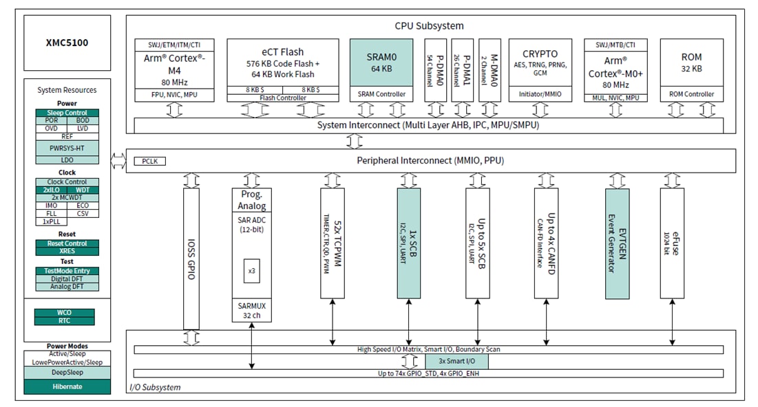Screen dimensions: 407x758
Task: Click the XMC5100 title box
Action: pos(67,43)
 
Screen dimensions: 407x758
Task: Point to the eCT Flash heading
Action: pos(282,52)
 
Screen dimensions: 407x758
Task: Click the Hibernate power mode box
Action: pos(67,386)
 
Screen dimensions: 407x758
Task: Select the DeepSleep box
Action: pos(67,372)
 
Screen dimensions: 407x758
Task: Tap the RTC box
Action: pos(64,320)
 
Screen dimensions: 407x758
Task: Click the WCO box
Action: pos(64,313)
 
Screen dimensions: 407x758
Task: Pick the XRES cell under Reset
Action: pos(67,252)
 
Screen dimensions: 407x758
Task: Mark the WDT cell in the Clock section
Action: pos(83,190)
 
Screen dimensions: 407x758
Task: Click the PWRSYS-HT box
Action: pos(67,147)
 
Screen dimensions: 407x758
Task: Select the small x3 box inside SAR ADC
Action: pos(251,270)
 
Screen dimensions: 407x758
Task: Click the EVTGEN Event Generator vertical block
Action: pos(617,243)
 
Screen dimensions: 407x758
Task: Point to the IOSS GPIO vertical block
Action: pos(191,258)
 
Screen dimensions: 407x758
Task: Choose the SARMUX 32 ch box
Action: pos(251,310)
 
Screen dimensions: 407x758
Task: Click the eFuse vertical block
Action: pos(672,243)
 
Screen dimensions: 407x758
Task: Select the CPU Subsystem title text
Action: pos(429,26)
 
